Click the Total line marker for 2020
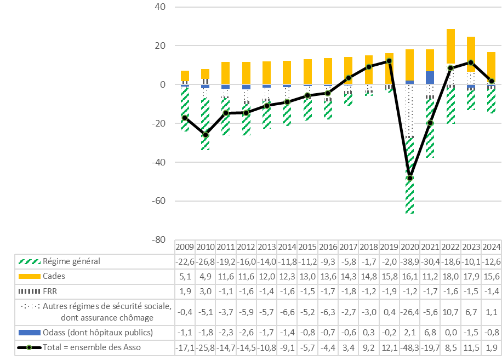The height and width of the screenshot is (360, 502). click(410, 178)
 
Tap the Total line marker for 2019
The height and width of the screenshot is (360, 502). click(389, 61)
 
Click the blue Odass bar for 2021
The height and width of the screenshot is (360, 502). click(430, 77)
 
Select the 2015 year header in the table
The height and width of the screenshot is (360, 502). click(308, 247)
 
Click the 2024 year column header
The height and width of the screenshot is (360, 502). click(492, 247)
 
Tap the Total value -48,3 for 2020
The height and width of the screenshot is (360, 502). click(410, 346)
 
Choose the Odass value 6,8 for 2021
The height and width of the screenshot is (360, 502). click(430, 332)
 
